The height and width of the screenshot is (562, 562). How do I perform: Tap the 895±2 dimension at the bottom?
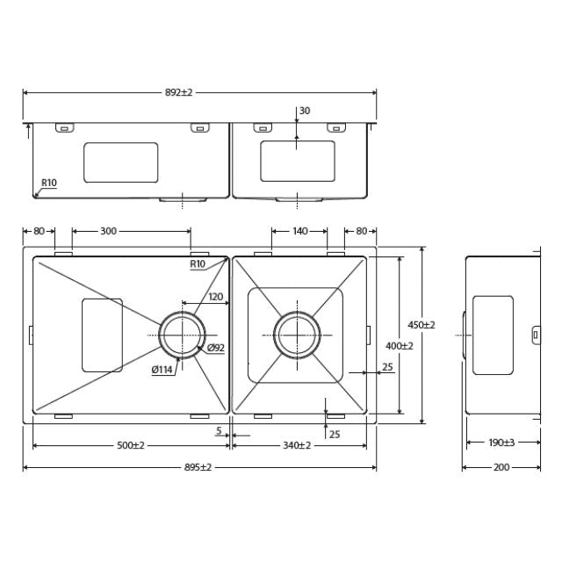coord(199,467)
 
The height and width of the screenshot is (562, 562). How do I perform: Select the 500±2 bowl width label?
coord(131,445)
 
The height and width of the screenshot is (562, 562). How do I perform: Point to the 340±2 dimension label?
coord(298,445)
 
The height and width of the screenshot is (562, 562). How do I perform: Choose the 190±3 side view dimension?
coord(502,443)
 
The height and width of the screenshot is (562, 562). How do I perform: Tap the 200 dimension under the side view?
coord(501,467)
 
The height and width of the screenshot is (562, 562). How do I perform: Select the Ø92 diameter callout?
coord(216,349)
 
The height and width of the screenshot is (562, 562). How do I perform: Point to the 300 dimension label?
coord(108,231)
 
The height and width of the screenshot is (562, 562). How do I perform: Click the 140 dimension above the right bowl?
coord(300,231)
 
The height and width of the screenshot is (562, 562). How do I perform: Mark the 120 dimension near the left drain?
coord(215,297)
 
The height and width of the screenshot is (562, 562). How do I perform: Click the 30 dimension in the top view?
coord(305,111)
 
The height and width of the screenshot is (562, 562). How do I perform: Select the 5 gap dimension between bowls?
coord(218,430)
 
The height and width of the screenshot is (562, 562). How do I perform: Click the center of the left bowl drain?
coord(183,335)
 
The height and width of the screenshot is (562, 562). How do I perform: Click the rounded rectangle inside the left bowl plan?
coord(103,335)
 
